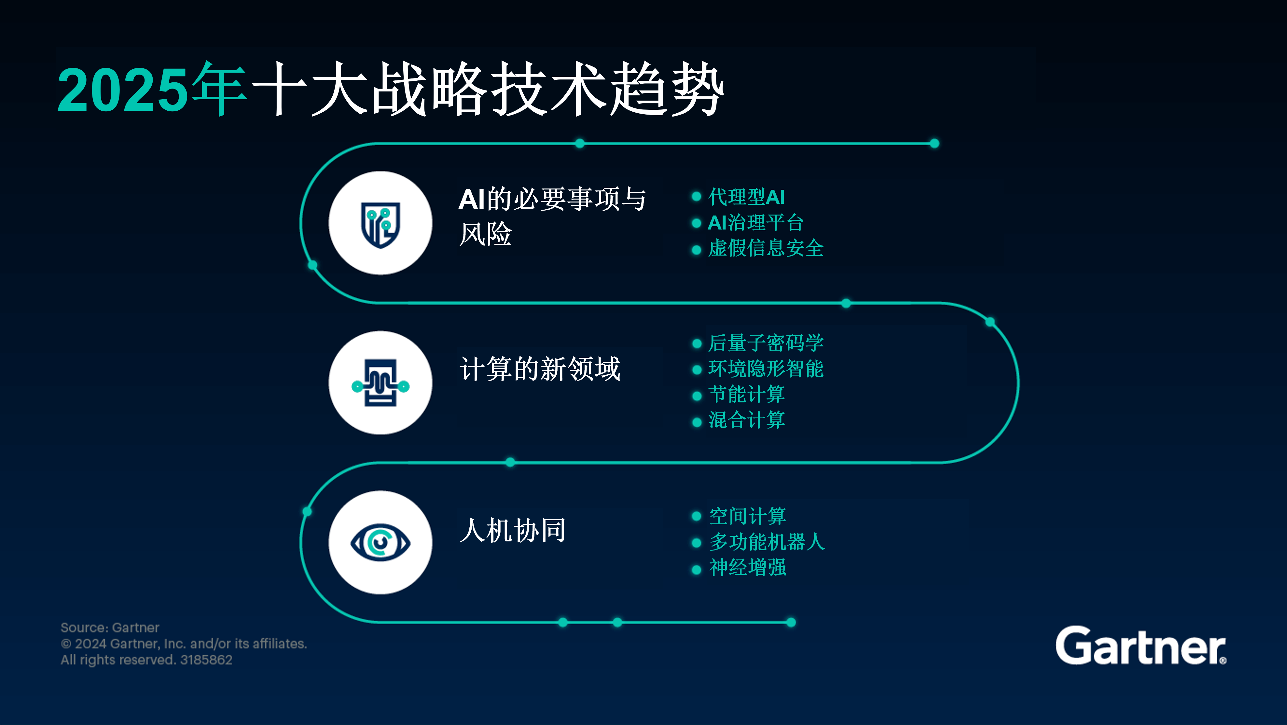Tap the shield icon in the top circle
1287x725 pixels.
click(x=381, y=224)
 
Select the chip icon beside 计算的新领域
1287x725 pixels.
click(x=381, y=383)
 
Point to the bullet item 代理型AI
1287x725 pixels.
click(x=746, y=197)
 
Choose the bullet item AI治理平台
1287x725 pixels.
click(x=755, y=223)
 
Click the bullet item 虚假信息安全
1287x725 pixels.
click(x=766, y=248)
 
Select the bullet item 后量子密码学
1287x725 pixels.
click(x=766, y=343)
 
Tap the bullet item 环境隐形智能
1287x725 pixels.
click(x=766, y=369)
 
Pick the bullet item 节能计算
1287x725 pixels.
click(x=746, y=395)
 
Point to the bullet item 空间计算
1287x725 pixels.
click(x=747, y=516)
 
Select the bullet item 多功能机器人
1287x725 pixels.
click(x=767, y=542)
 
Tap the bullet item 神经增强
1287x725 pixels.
click(x=747, y=568)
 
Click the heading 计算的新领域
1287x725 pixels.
click(x=540, y=369)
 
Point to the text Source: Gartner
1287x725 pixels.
click(x=110, y=628)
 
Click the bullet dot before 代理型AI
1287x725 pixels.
click(x=697, y=197)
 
